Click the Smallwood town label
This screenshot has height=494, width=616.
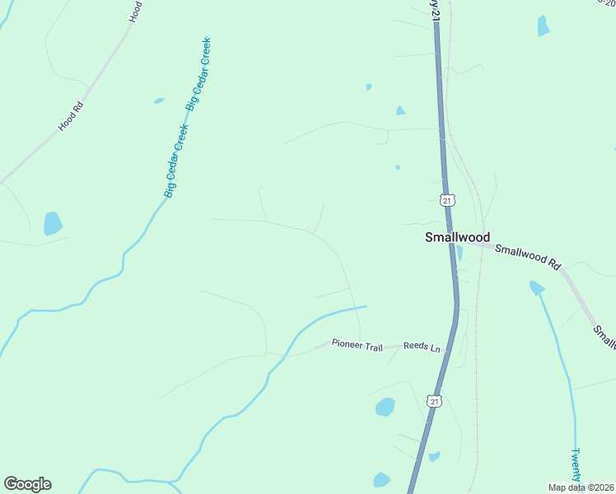(x=456, y=237)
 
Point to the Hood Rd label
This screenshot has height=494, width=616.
(x=72, y=117)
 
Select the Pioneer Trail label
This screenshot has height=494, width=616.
(x=357, y=344)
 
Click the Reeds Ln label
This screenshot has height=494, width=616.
(x=422, y=347)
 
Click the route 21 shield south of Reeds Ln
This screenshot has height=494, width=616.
(x=434, y=401)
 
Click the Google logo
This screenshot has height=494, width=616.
(x=27, y=484)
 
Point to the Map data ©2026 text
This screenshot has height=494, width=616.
(x=581, y=487)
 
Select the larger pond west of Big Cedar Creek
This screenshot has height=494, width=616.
(x=53, y=223)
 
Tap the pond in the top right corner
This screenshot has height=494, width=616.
(x=543, y=26)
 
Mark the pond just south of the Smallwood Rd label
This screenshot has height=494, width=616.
(x=537, y=287)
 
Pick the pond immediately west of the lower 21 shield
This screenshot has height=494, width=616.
(x=385, y=407)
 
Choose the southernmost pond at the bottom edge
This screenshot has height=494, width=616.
(x=381, y=480)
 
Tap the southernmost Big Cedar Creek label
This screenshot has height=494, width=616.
(x=177, y=161)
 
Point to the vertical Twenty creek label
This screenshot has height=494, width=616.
(x=577, y=466)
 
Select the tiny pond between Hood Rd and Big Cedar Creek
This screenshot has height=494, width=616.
(x=158, y=101)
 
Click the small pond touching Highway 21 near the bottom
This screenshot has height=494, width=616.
(x=434, y=456)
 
